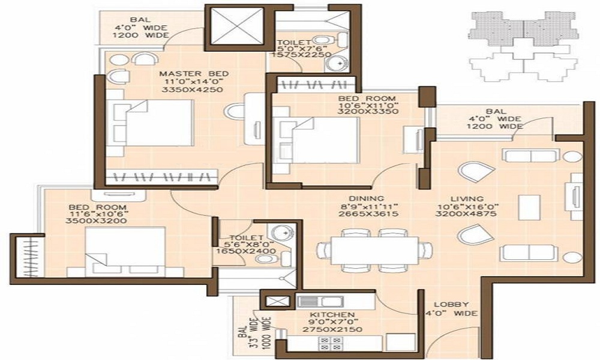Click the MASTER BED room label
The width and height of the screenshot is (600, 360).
pyautogui.click(x=194, y=74)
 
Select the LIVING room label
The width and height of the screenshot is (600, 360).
pyautogui.click(x=467, y=199)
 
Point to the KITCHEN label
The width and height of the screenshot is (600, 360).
pyautogui.click(x=332, y=314)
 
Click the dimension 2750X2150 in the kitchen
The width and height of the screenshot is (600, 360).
pyautogui.click(x=332, y=329)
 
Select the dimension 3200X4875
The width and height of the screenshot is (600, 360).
pyautogui.click(x=466, y=214)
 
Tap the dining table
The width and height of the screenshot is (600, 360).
pyautogui.click(x=374, y=250)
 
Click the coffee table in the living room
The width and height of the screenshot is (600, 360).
pyautogui.click(x=529, y=207)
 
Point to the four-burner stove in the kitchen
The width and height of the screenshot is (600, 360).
pyautogui.click(x=330, y=343)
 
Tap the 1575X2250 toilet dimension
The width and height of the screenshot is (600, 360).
pyautogui.click(x=301, y=55)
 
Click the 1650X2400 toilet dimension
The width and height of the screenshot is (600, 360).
pyautogui.click(x=245, y=251)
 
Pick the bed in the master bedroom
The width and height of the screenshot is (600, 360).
pyautogui.click(x=150, y=123)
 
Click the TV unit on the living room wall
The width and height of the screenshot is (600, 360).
pyautogui.click(x=576, y=196)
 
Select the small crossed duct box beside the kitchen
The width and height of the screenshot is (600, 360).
pyautogui.click(x=277, y=301)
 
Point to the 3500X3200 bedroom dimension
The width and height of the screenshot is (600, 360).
pyautogui.click(x=97, y=221)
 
